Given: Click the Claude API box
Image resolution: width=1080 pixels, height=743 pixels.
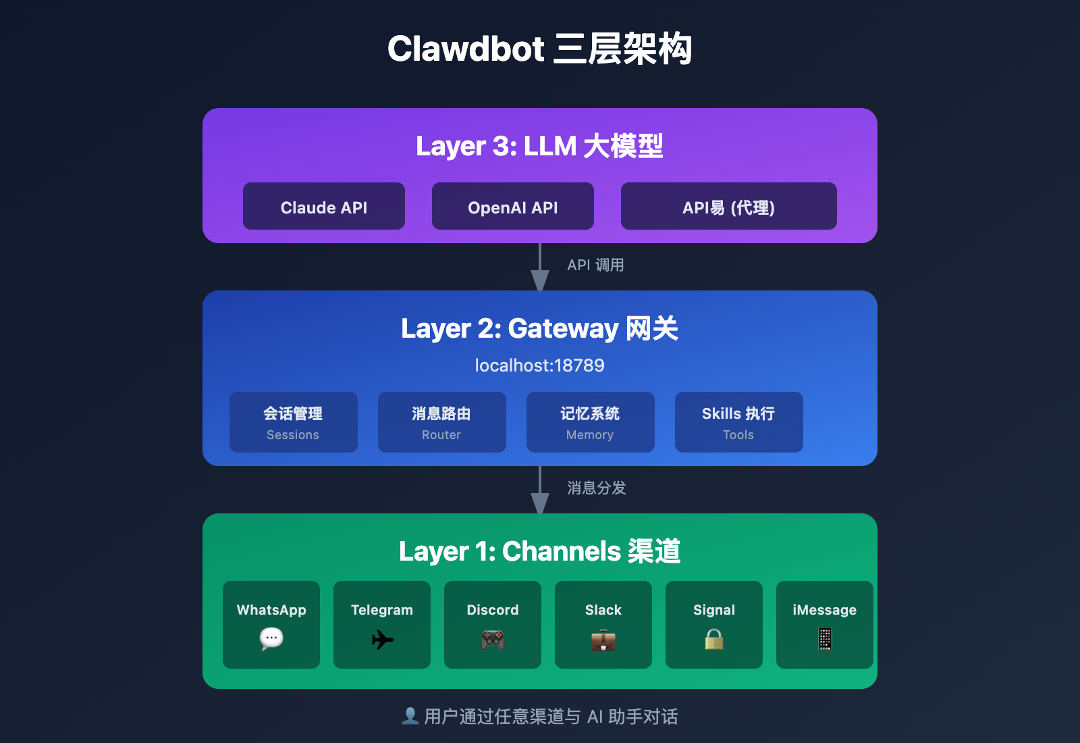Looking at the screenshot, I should click(324, 206).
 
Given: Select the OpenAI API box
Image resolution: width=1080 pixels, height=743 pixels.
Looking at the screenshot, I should click(513, 206).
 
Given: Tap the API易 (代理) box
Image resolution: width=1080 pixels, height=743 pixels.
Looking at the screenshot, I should click(729, 206).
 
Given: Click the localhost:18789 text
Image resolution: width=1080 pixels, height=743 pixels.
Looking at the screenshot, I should click(539, 365).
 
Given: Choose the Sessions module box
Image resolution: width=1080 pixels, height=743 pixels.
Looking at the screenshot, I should click(294, 422).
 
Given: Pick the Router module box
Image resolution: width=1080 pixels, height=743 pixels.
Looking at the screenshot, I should click(442, 422).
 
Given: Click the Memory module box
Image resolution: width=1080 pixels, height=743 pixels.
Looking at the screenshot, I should click(591, 422).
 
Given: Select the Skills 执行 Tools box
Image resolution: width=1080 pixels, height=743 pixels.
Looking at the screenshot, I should click(739, 422).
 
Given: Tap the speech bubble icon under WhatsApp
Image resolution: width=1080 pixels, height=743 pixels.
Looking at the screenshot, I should click(271, 638).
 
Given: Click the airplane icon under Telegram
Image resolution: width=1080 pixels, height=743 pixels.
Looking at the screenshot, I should click(382, 639).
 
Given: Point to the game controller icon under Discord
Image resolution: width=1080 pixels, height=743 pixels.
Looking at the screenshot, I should click(493, 639).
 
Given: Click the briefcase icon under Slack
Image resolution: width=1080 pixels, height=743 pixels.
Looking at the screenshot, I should click(603, 639).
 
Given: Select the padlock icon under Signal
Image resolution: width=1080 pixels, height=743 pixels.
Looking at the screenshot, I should click(714, 639).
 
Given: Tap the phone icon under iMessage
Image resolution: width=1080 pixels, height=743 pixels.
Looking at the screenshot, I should click(825, 639).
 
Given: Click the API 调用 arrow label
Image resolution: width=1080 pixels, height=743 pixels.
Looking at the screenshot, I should click(595, 265).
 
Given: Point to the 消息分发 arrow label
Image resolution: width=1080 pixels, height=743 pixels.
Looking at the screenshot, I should click(596, 488).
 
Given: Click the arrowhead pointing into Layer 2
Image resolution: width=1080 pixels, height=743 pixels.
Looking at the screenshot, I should click(540, 280).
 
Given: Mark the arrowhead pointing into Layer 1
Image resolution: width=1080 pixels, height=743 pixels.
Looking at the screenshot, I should click(540, 503).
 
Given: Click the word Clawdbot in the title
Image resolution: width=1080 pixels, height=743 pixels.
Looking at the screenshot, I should click(466, 49).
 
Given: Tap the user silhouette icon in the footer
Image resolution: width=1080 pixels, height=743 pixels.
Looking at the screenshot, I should click(410, 716).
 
